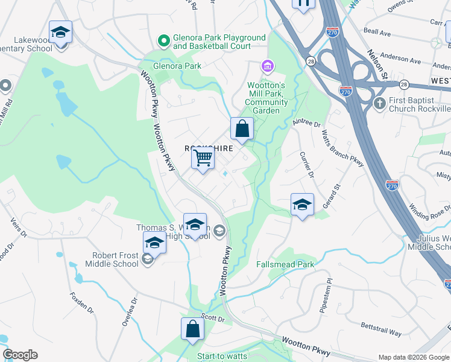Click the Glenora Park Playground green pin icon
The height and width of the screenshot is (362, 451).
[x=162, y=41]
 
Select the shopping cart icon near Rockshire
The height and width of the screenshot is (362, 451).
[x=203, y=159]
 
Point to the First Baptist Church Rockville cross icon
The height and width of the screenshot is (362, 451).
[x=379, y=103]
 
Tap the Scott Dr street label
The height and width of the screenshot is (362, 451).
[x=212, y=317]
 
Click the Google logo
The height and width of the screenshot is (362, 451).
[x=20, y=355]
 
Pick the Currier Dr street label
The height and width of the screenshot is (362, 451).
[x=307, y=164]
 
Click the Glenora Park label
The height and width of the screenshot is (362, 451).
[x=177, y=66]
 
